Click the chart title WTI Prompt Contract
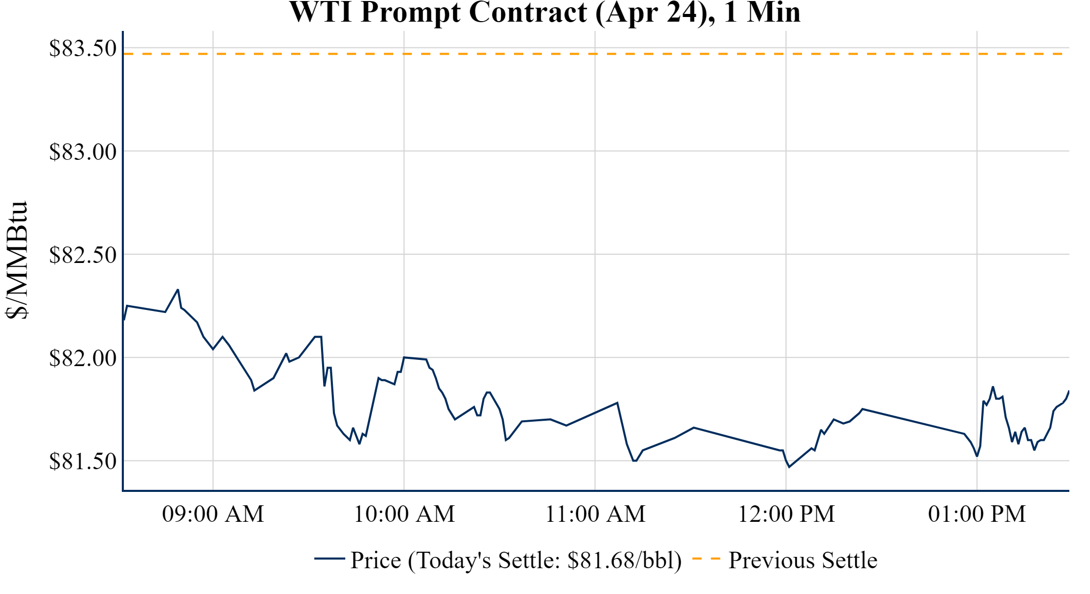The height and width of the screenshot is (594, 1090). [544, 12]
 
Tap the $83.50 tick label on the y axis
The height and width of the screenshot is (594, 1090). [83, 48]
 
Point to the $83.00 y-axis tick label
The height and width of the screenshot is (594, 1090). [83, 152]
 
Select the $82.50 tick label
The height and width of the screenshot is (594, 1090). [83, 255]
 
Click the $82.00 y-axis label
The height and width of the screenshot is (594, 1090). [83, 358]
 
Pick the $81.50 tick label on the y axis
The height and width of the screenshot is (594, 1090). [83, 461]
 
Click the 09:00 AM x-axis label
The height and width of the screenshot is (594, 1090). [213, 514]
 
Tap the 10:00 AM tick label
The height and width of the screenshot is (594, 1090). [404, 514]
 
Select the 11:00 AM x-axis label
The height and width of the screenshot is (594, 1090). [595, 514]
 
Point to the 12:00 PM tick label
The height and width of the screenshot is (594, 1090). [786, 514]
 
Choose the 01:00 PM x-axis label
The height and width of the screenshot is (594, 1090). [976, 514]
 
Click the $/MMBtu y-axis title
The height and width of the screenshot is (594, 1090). [17, 260]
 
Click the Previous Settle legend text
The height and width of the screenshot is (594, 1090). [803, 560]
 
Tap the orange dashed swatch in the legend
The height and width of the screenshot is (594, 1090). [706, 558]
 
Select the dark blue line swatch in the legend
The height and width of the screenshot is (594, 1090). [329, 558]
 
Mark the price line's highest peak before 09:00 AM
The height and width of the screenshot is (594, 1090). [178, 290]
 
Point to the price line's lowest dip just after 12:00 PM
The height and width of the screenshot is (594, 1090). [789, 467]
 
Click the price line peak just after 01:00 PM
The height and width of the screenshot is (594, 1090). [992, 387]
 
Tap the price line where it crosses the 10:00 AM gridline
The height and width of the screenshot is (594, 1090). [404, 357]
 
